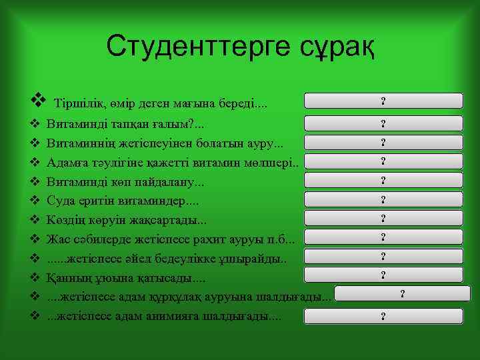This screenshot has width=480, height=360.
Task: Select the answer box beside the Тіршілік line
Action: point(383,101)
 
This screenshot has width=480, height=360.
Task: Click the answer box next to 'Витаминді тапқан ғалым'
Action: point(383,123)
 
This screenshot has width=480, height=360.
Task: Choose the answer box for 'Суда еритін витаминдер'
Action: point(383,199)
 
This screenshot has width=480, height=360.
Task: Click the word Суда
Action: point(59,199)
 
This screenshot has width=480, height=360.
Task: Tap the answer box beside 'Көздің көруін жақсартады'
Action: point(383,218)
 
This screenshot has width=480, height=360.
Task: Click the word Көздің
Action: point(65,219)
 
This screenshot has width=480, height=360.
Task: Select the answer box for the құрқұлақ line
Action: point(402,294)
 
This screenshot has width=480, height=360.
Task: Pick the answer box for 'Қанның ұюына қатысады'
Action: point(383,275)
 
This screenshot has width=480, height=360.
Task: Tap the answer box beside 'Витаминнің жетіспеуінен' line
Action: point(383,142)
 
